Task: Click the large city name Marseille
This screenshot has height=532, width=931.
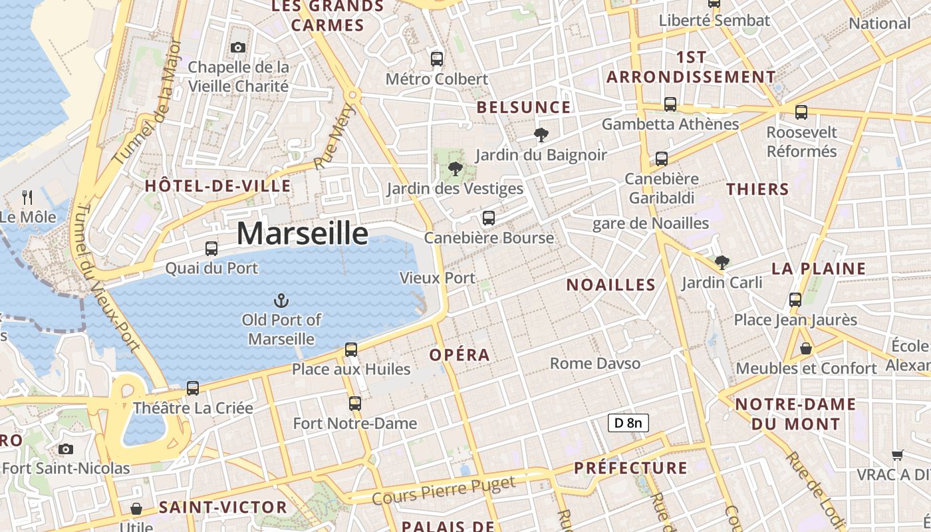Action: tap(302, 233)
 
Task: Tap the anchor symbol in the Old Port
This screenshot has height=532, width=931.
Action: tap(281, 301)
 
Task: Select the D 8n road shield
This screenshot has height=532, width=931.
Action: tap(628, 422)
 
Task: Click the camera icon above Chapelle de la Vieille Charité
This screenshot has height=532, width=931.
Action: tap(238, 47)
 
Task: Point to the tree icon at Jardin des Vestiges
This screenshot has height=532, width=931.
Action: tap(456, 168)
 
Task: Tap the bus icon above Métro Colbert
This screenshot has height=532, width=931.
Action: tap(437, 59)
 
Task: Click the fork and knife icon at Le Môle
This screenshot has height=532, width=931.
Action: tap(27, 197)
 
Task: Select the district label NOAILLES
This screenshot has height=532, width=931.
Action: tap(610, 285)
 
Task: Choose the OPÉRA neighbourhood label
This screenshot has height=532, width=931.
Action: tap(460, 355)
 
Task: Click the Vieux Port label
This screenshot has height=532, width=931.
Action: tap(438, 278)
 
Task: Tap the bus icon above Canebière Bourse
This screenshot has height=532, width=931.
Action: tap(489, 218)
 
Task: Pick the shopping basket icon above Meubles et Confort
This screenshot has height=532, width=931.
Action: tap(805, 348)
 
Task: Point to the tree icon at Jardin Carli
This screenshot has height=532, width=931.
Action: tap(722, 263)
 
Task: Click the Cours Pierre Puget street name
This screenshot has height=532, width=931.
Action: tap(444, 491)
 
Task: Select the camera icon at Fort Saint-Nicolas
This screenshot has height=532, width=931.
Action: tap(65, 449)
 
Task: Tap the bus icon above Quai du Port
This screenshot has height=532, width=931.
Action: tap(211, 249)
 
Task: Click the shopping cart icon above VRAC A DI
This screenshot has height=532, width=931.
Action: tap(898, 455)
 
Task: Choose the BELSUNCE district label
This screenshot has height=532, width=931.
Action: tap(523, 108)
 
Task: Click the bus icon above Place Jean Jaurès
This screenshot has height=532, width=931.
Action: tap(795, 300)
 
